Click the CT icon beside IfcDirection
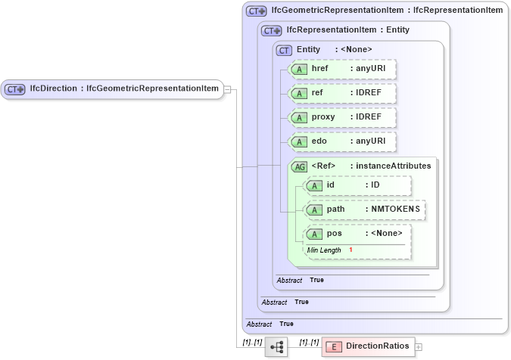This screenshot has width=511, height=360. (x=15, y=89)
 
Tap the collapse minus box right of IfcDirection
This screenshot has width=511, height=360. (x=227, y=90)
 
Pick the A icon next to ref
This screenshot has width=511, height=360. (x=300, y=94)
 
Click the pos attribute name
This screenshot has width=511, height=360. (x=334, y=234)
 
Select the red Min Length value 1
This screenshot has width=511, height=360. (x=351, y=250)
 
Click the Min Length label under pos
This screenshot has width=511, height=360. (x=323, y=250)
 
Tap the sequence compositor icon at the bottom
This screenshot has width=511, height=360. (x=276, y=347)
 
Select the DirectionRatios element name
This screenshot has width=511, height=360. (x=377, y=346)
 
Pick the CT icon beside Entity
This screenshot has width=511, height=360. (x=285, y=50)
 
